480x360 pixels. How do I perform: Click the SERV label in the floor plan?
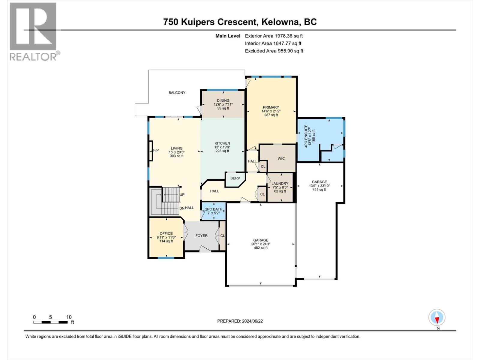coord(235,178)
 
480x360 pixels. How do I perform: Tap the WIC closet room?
coord(281,158)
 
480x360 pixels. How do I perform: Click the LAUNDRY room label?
coord(280,184)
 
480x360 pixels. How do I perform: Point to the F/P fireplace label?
coord(156,150)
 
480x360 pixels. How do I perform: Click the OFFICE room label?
coord(166,233)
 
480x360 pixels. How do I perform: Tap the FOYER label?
coord(201,236)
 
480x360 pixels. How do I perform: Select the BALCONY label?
coord(177,93)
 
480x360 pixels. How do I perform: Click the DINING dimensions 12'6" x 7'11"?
coord(223,104)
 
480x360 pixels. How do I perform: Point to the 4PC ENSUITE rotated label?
coord(306,136)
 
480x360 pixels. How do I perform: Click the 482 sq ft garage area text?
coord(261,248)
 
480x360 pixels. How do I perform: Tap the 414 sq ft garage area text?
coord(319,190)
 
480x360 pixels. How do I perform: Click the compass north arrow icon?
coord(437,317)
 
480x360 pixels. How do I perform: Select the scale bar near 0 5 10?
coord(50,322)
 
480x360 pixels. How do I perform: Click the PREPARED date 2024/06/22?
coord(240,321)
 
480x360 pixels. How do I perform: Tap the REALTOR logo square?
coord(33,26)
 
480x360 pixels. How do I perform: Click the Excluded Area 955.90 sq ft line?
coord(274,51)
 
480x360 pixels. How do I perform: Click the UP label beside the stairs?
coord(182,195)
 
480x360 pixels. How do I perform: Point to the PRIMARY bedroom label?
coord(271,107)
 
